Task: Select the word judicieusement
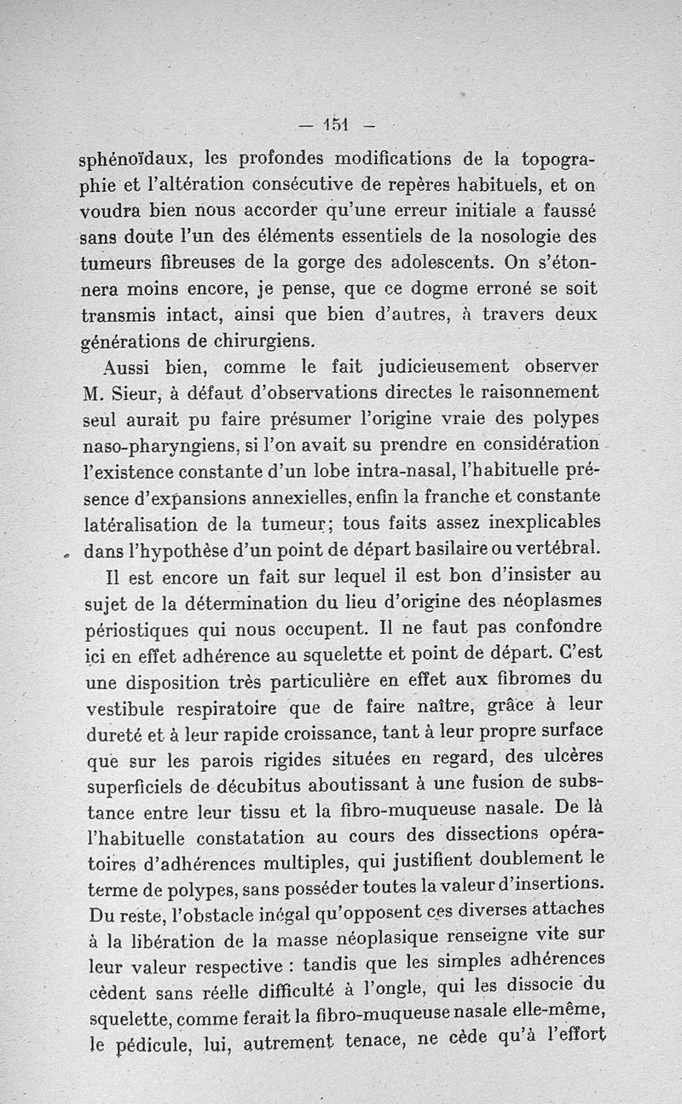coord(434,366)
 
